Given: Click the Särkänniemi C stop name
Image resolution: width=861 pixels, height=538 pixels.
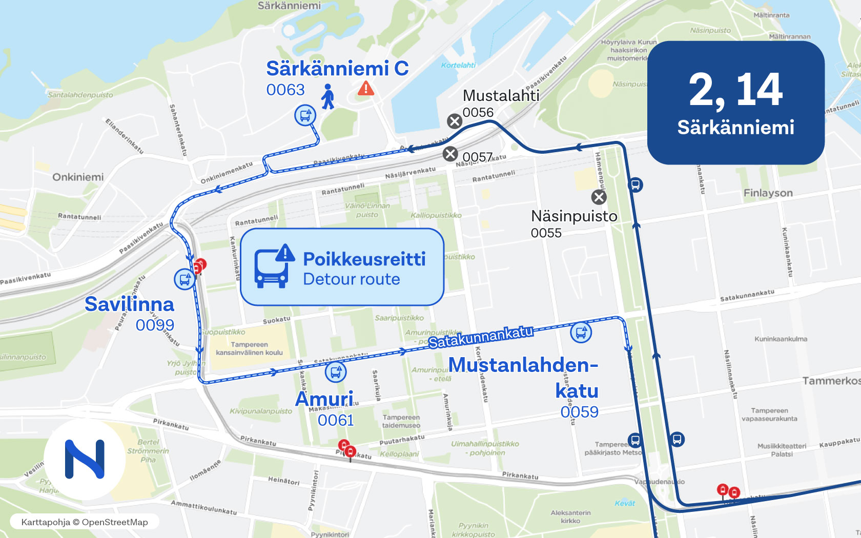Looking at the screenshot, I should coord(337,69).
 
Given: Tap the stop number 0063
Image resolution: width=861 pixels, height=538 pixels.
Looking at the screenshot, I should coord(285,90).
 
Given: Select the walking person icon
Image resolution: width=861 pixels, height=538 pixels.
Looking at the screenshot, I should coord(328,96).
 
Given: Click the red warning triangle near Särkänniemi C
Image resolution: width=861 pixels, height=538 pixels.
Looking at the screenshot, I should coord(366,89).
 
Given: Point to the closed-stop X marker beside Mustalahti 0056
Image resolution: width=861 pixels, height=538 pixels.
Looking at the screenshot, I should coord(455,121).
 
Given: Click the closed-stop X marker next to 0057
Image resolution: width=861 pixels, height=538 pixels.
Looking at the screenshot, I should coord(450,154).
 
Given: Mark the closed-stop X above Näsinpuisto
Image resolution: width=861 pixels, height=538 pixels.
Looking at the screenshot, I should coord(599,197).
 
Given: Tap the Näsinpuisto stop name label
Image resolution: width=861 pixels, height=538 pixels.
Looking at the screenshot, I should coord(574,216).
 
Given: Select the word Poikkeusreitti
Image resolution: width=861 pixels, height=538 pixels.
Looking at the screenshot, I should coord(364,259).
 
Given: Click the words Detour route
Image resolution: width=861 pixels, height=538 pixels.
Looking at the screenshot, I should coord(352,279).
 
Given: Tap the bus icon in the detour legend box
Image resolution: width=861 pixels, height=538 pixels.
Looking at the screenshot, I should coord(274,266).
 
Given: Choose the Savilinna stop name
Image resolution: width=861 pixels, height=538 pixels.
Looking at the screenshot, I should coord(129,304).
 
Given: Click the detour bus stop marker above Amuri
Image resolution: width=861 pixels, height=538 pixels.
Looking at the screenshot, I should coord(336,372).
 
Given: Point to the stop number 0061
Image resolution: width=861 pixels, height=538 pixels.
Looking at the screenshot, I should coord(336,421).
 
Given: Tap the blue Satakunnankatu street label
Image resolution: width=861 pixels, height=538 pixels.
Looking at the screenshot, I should coord(481,337).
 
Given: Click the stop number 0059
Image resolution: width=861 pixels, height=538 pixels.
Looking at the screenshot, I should coord(579,412).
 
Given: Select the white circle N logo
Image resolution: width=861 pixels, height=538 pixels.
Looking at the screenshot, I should coord(85,459).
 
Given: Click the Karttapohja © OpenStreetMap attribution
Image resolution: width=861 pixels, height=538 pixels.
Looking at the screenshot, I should coord(85,522).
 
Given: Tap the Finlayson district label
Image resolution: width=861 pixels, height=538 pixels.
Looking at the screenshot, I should coord(768,193).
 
